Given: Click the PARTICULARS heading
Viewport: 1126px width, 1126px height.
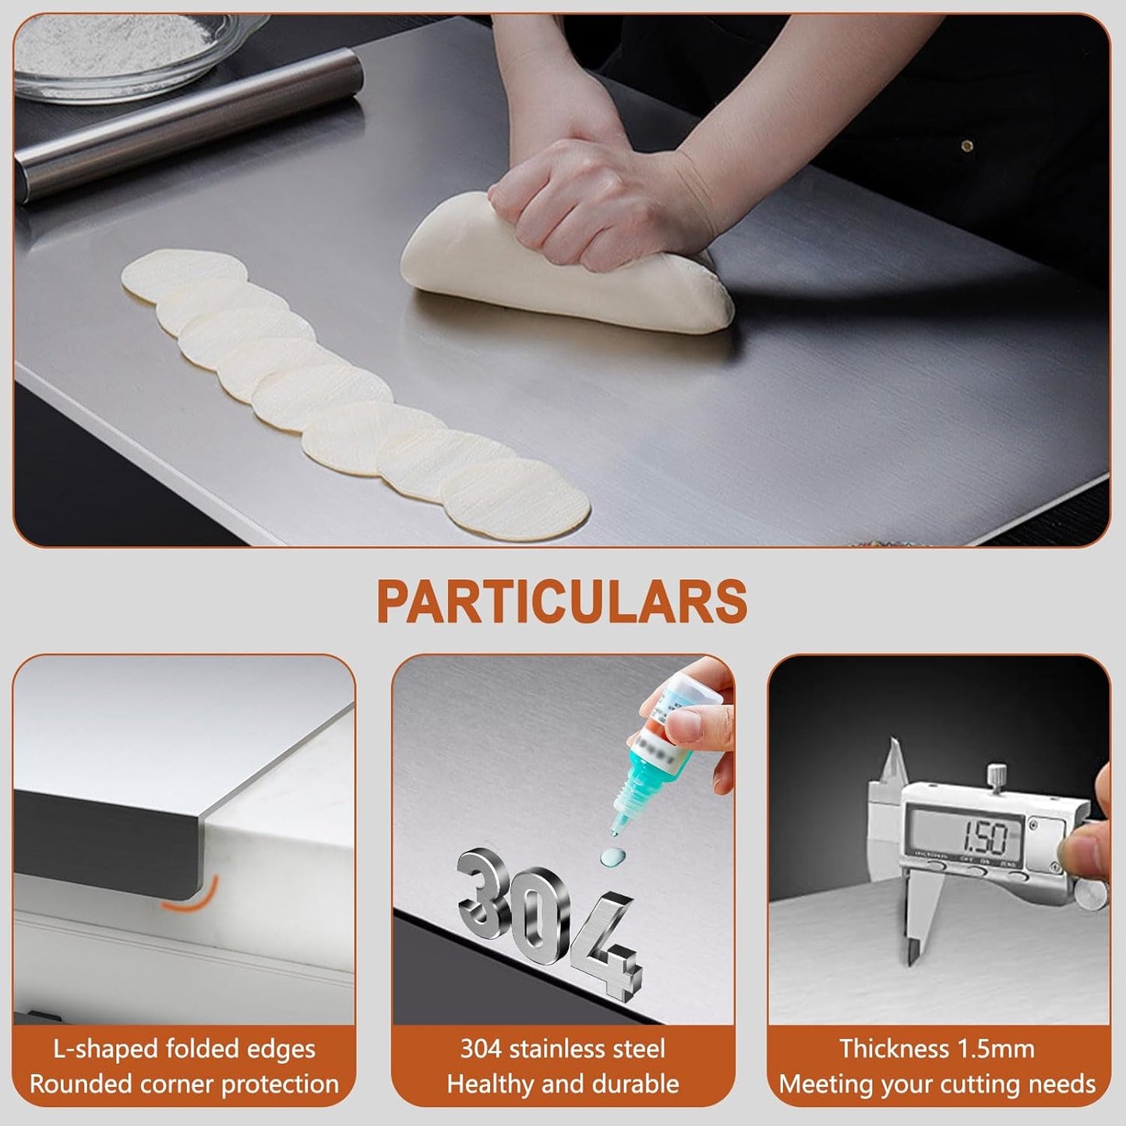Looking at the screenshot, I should [x=562, y=601].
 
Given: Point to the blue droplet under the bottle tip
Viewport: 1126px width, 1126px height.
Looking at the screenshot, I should [x=612, y=857].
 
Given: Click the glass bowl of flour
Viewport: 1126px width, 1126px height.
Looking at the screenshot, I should [x=117, y=55].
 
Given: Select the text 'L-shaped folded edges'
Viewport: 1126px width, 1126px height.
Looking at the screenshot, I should [x=184, y=1049].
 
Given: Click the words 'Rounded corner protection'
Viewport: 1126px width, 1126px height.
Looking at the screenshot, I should [x=184, y=1084].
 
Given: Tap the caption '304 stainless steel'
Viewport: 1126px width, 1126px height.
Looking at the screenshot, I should [x=563, y=1049].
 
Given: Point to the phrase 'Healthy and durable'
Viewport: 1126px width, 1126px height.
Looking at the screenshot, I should [x=563, y=1084].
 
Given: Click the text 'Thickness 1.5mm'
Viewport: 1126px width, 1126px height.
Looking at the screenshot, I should [x=937, y=1049].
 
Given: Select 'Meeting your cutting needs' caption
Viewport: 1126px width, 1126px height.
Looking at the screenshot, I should [x=937, y=1084].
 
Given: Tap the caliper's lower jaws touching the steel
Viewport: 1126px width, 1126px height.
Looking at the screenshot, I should [x=912, y=935].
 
